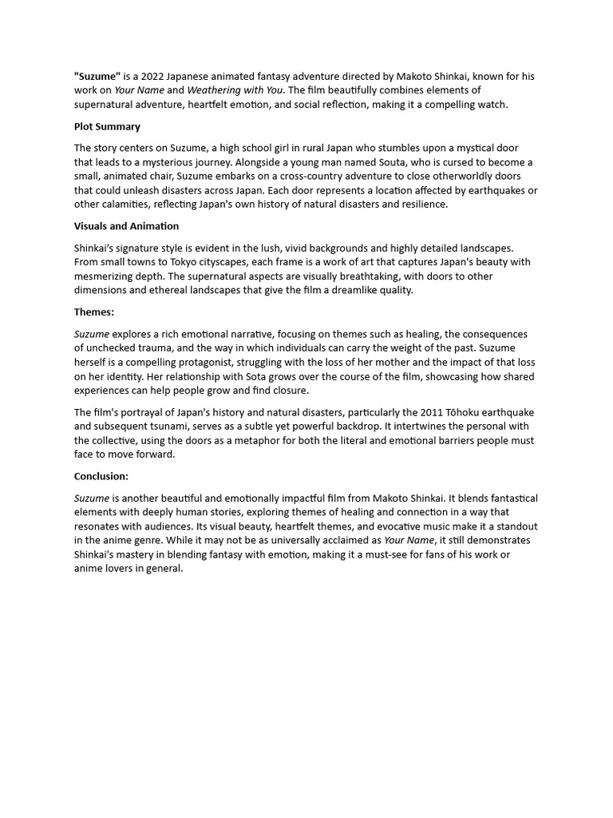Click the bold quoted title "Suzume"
pos(97,77)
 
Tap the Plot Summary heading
pos(107,126)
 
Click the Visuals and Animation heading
pos(126,226)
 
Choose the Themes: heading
pos(94,312)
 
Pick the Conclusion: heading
pos(101,476)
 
